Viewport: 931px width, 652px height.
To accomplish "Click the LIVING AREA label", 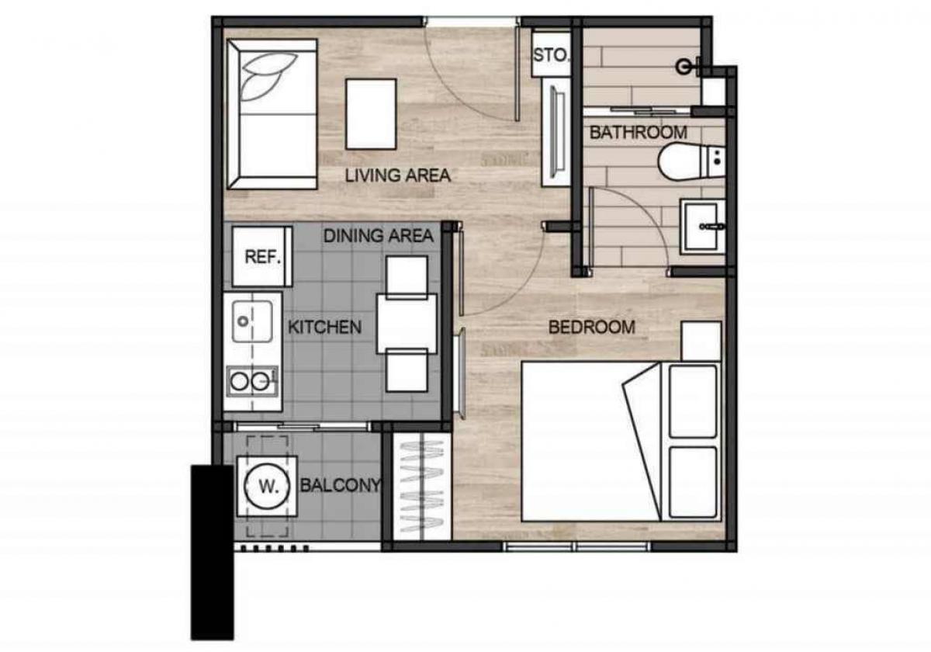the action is tap(398, 175).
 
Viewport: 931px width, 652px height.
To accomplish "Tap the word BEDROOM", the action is tap(592, 328).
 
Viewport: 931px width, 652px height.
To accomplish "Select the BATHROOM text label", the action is tap(638, 133).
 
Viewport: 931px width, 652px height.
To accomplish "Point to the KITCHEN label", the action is tap(324, 328).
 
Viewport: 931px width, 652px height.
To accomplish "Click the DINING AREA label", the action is tap(379, 236).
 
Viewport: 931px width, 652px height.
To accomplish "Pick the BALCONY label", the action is tap(341, 485).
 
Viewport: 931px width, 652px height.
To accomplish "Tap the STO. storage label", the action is tap(550, 55).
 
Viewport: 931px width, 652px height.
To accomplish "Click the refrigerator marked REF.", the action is tap(262, 257).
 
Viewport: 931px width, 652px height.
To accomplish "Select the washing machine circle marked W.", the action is tap(267, 486).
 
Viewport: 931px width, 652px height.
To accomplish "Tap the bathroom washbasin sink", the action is tap(702, 227).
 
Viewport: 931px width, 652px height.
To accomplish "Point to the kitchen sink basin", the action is tap(252, 321).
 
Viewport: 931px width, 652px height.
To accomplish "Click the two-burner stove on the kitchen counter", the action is tap(252, 381).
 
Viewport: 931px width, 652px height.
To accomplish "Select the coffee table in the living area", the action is tap(371, 114).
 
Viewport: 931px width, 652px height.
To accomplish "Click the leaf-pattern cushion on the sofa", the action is tap(268, 77).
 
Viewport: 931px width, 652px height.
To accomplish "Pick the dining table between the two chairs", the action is tap(407, 324).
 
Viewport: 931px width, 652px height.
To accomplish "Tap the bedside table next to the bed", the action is tap(701, 342).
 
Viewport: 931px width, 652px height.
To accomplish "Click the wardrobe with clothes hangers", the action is tap(422, 487).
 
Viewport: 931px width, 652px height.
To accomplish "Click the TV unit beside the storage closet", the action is tap(556, 133).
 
